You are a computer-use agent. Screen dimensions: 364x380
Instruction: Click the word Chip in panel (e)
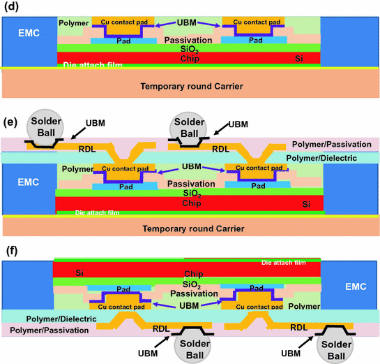189,203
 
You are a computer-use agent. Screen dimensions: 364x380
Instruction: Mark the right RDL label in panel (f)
298,326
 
